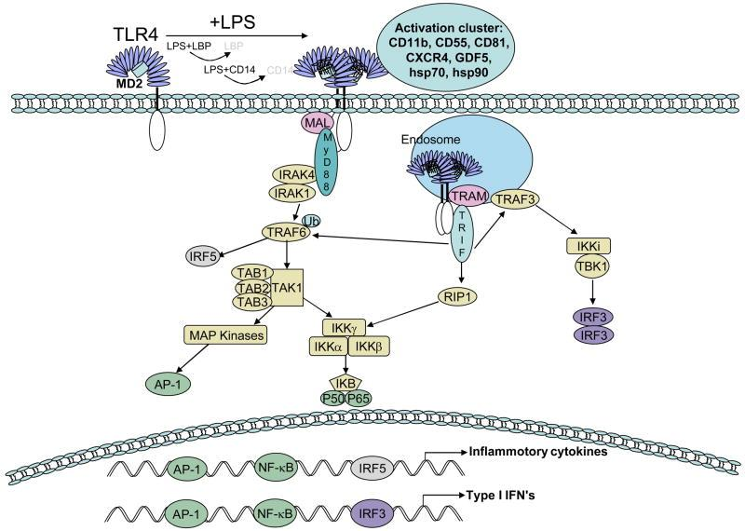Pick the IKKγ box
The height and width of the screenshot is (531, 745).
pyautogui.click(x=340, y=327)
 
